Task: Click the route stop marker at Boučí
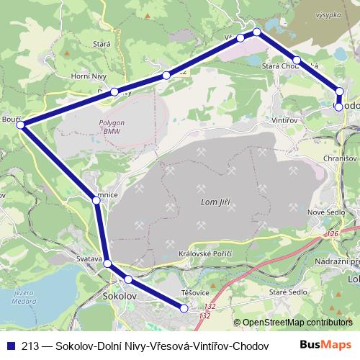coord(21,125)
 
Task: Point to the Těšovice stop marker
coord(184,308)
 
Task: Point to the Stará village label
coord(81,44)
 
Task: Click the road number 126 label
coord(333,234)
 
